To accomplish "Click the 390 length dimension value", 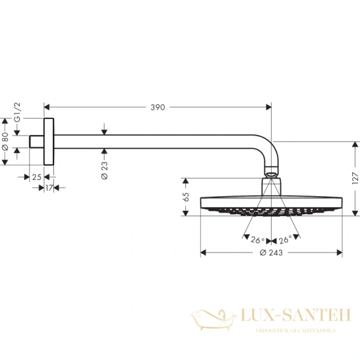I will click(157, 107).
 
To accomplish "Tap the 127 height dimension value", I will click(355, 178).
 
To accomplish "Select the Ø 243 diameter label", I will click(271, 253).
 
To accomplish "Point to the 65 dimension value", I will click(186, 196).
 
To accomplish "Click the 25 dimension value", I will click(37, 177).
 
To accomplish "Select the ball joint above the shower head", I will click(271, 175).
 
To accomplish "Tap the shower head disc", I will click(271, 204).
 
